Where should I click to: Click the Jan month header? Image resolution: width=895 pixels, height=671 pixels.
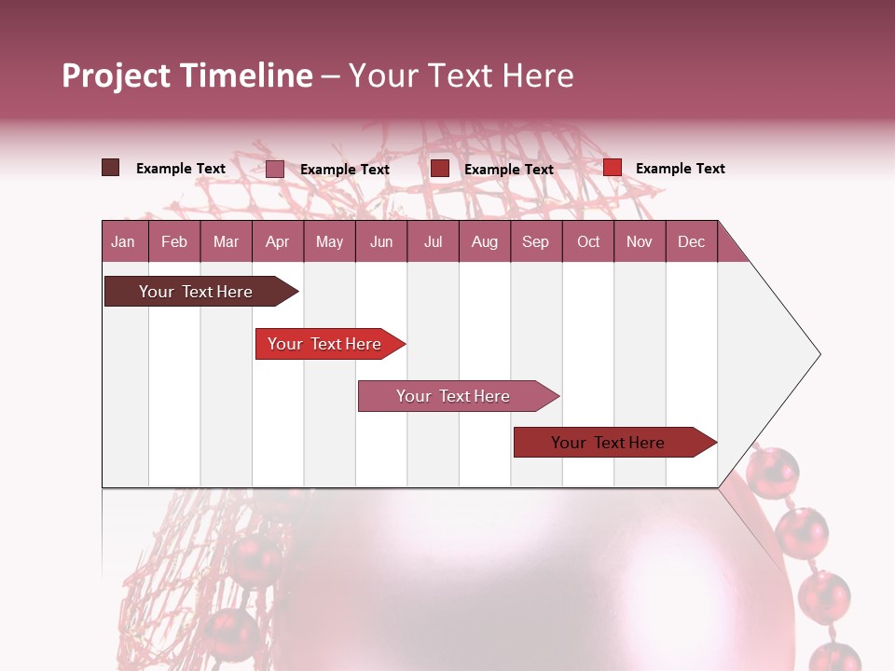coord(123,241)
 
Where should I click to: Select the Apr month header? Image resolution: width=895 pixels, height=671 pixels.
coord(278,241)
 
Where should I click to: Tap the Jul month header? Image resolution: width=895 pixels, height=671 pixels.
coord(433,241)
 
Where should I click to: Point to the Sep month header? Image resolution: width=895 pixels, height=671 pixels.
coord(535,241)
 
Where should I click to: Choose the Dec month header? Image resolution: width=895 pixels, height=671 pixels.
coord(691,241)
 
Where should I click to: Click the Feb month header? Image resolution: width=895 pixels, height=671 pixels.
coord(174,241)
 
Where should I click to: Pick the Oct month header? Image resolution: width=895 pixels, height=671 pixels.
coord(588,241)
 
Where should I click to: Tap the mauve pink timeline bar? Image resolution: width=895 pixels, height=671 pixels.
coord(454,396)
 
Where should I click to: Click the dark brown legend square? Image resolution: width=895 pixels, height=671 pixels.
coord(110,168)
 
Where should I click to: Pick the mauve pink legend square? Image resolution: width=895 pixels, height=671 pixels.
coord(274,169)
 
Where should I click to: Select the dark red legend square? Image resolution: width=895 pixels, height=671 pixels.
coord(440,168)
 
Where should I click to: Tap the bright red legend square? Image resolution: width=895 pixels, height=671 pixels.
coord(613,168)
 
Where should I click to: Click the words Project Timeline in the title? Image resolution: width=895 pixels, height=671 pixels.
coord(186,75)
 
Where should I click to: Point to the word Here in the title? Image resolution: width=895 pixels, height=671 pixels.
coord(537,75)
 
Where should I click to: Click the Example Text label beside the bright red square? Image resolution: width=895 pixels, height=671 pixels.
coord(680,169)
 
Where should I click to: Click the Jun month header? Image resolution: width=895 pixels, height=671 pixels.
coord(381,241)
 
